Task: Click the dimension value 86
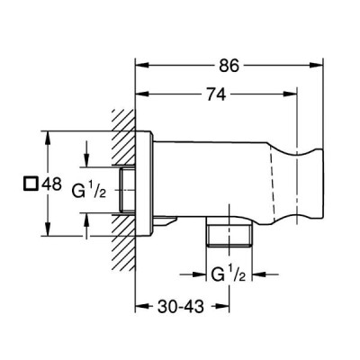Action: [x=229, y=65]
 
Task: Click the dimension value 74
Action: [x=215, y=94]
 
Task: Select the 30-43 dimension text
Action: [x=181, y=306]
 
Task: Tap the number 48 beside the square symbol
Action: [x=51, y=184]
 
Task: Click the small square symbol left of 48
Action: [x=31, y=184]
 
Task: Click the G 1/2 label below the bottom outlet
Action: [x=229, y=274]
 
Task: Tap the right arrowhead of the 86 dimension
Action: [x=316, y=65]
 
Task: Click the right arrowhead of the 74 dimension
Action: [x=290, y=94]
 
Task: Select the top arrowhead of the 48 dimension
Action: [x=47, y=138]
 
